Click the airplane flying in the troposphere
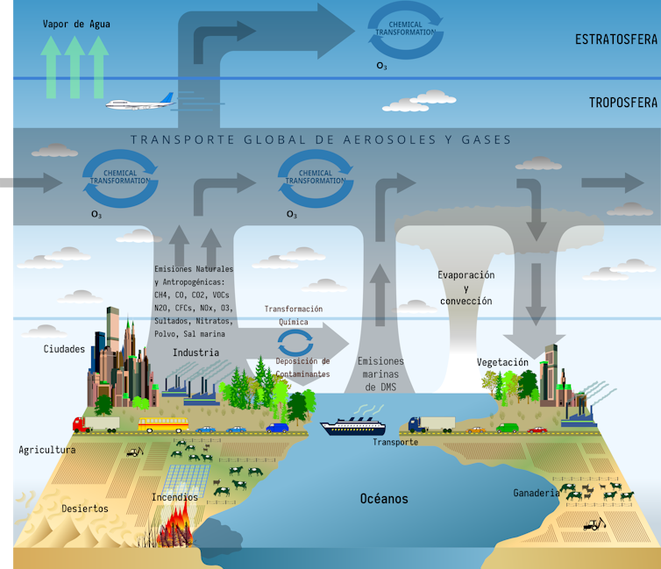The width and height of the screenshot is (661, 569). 139,105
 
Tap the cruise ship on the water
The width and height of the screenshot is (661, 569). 352,426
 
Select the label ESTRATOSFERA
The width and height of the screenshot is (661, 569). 615,39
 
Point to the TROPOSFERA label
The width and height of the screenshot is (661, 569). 622,103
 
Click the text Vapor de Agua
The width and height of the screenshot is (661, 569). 76,24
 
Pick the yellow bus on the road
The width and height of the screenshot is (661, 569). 163,425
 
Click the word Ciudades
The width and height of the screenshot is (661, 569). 64,349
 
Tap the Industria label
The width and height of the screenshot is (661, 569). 195,352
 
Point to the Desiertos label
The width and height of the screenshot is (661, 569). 85,508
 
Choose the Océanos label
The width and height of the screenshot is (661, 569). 384,499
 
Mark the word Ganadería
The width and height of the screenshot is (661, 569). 536,493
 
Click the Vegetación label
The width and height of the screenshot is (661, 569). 502,362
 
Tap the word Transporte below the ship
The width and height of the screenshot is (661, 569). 395,442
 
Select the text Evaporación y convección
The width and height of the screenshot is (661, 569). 466,288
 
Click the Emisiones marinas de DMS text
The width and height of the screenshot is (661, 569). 381,373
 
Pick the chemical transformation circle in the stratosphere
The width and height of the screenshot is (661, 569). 404,31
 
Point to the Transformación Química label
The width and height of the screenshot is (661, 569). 294,315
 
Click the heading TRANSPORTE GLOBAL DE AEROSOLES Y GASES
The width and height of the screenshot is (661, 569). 320,139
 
